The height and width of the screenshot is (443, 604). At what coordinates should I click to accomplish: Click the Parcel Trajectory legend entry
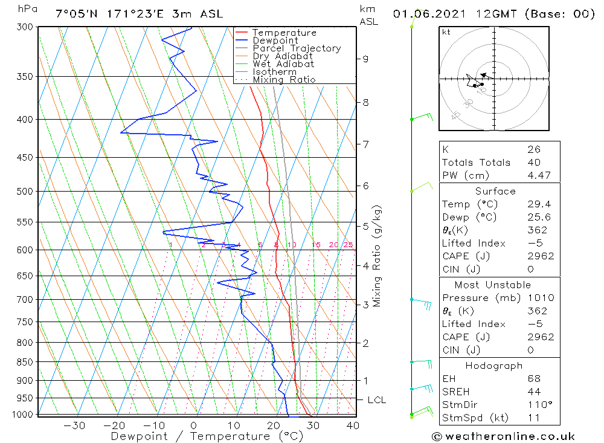297,48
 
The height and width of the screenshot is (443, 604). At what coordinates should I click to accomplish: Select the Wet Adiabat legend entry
283,64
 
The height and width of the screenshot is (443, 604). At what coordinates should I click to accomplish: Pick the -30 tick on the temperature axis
74,425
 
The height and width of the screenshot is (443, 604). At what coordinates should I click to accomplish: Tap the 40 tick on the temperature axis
353,425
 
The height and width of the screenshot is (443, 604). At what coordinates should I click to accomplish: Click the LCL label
376,400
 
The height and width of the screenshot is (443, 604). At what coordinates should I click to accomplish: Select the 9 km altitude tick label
365,59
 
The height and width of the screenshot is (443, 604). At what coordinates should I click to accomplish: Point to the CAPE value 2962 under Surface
540,256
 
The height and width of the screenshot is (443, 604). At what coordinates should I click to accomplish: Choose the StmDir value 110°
539,405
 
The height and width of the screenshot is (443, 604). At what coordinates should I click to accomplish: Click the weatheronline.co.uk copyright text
503,436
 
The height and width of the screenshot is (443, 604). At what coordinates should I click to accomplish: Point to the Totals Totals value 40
534,162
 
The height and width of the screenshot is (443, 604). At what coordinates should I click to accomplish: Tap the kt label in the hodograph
446,32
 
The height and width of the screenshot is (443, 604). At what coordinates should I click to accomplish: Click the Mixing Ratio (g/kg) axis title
377,256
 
